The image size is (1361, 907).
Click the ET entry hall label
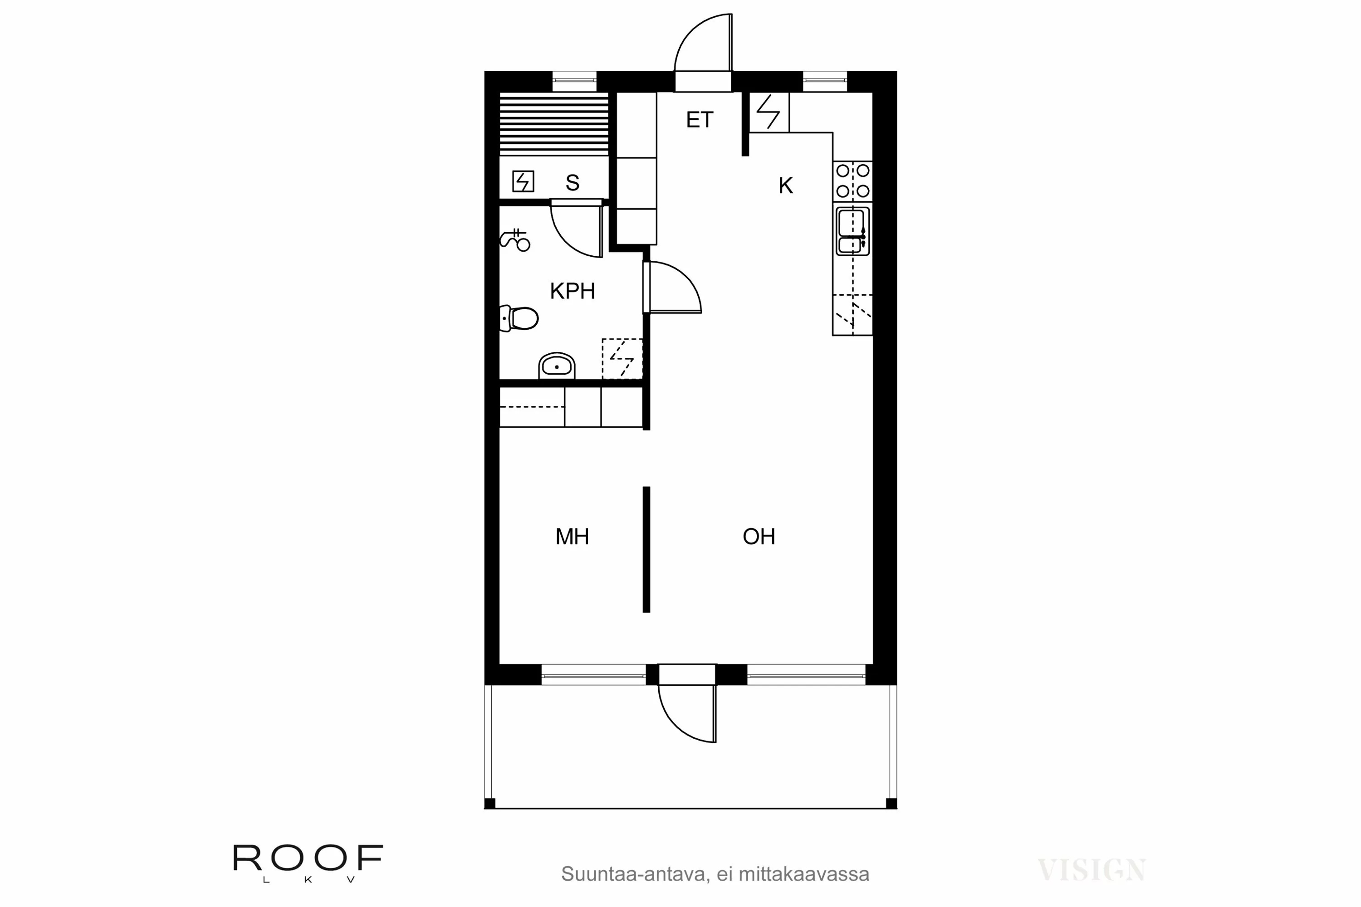coord(700,120)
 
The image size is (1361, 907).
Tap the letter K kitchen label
coord(785,185)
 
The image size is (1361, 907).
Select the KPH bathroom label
coord(572,291)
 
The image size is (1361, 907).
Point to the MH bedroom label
coord(572,537)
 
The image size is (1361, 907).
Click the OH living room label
coord(759,537)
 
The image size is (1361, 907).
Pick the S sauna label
coord(572,183)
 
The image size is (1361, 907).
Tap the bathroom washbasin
coord(557,366)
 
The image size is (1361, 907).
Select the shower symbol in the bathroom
coord(515,239)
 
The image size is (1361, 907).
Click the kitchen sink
coord(852,231)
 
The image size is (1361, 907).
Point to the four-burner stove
coord(852,180)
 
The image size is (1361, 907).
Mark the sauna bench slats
coord(554,123)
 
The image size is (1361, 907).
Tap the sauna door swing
coord(576,229)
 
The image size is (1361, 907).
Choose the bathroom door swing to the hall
coord(674,287)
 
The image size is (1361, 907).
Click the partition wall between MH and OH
coord(646,550)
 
